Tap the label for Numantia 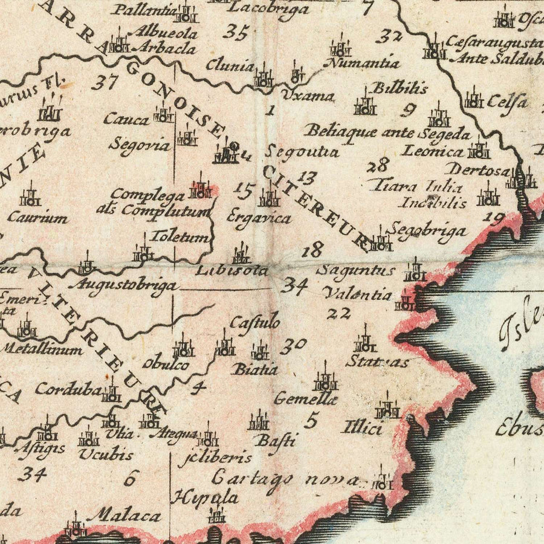pos(363,63)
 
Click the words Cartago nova pos(285,478)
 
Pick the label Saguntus pos(355,270)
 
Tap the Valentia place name pos(357,294)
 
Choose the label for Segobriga pos(427,230)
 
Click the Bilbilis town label pos(400,88)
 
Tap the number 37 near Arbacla pos(104,82)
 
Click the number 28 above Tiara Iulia pos(378,164)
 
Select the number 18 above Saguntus pos(314,249)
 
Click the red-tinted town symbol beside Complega pos(200,189)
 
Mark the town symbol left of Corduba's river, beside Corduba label pos(111,393)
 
